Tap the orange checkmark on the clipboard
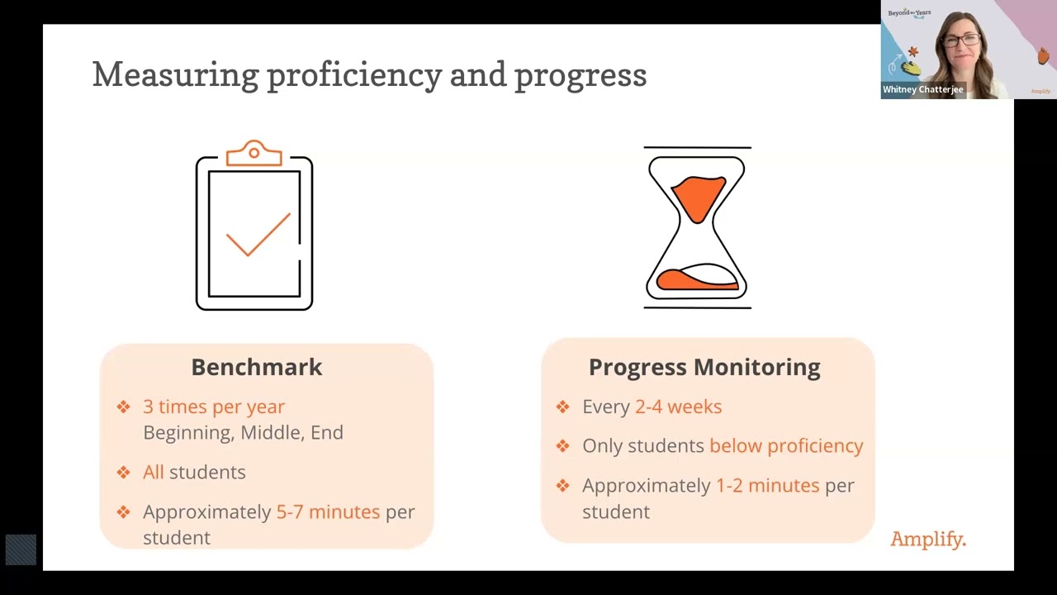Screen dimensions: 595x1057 (x=258, y=235)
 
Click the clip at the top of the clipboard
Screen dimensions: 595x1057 (x=254, y=154)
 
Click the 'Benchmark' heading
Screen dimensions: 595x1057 (x=256, y=367)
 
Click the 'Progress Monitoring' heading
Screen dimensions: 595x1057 (x=704, y=367)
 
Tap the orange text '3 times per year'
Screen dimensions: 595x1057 (x=214, y=407)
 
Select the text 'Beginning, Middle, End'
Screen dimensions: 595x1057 (x=243, y=432)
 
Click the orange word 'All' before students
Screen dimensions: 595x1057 (x=154, y=472)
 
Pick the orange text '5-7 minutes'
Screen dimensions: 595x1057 (x=328, y=512)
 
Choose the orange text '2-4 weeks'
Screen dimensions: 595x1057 (x=678, y=407)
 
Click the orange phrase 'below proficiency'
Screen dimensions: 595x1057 (x=786, y=445)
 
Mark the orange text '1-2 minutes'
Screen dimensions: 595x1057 (x=767, y=485)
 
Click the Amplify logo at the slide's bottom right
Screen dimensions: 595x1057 (x=927, y=540)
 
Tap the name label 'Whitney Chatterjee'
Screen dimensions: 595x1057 (x=922, y=89)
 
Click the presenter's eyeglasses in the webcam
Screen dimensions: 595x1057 (x=962, y=40)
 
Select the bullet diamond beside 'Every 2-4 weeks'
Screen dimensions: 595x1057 (x=563, y=407)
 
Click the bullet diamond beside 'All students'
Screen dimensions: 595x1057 (x=124, y=472)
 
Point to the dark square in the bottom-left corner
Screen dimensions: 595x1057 (x=21, y=550)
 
